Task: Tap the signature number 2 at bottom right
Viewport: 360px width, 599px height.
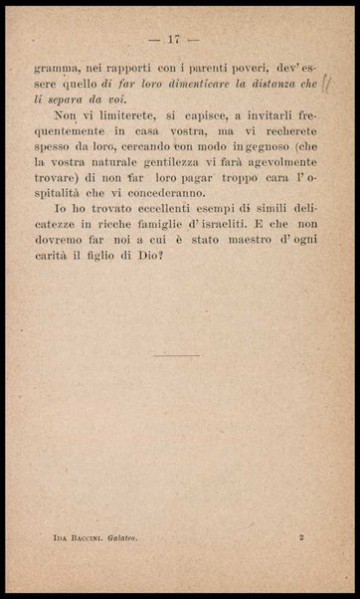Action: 301,535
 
